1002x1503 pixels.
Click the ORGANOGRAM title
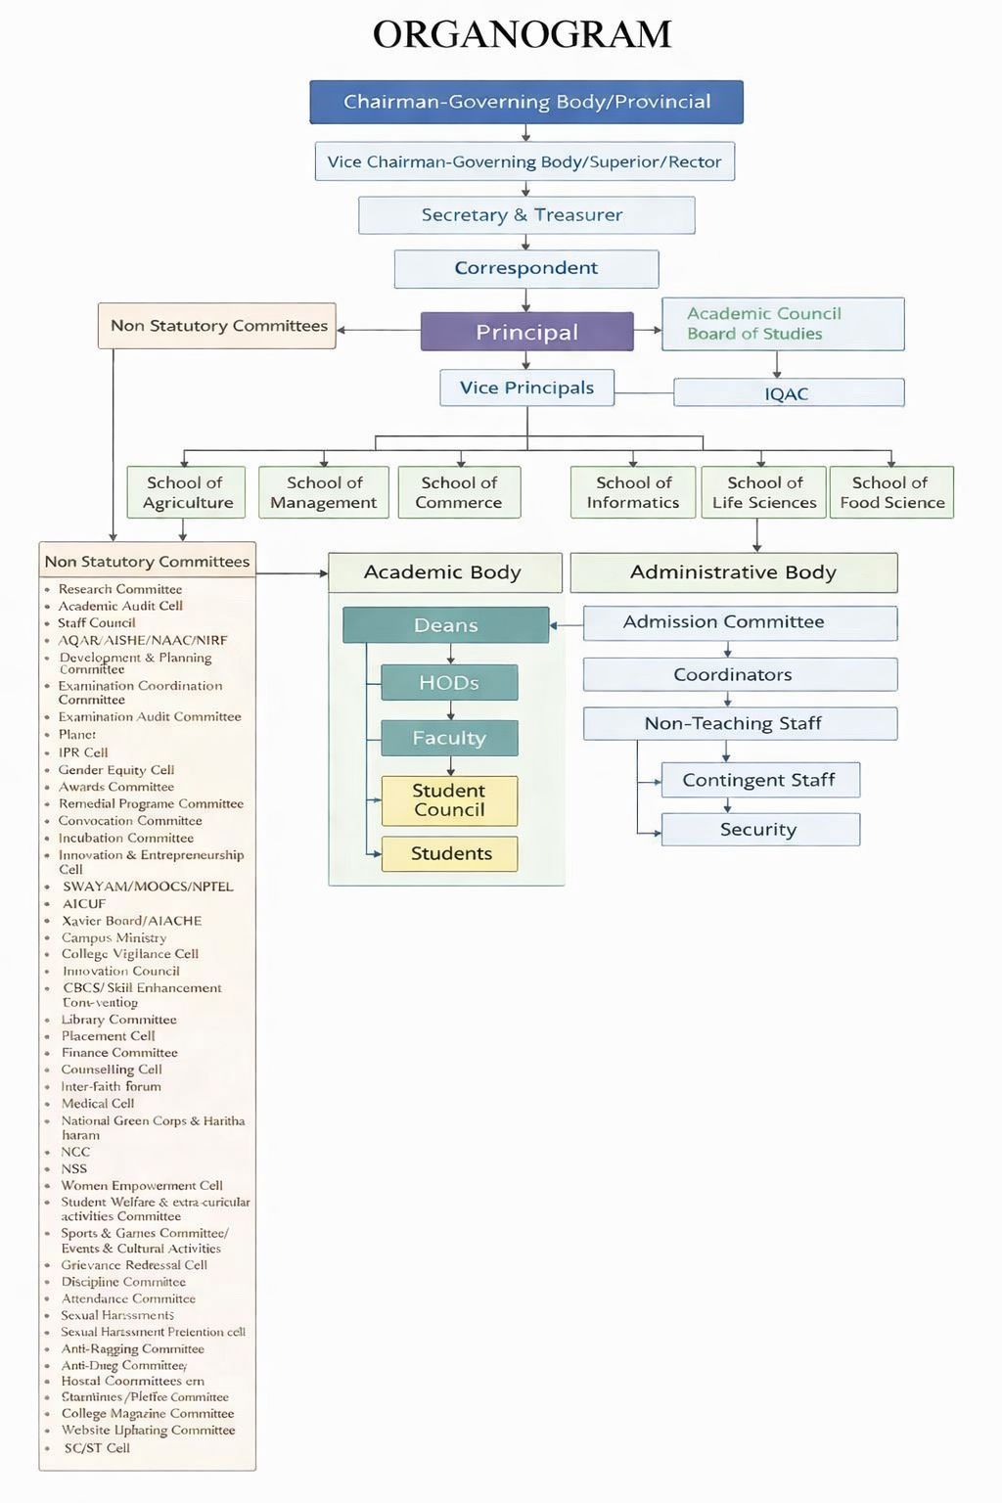point(522,35)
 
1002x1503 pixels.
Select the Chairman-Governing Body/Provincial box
point(526,102)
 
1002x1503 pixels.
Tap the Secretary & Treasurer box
point(526,215)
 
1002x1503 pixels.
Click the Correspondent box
point(526,268)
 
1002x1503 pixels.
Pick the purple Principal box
point(526,332)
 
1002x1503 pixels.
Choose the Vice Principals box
point(526,387)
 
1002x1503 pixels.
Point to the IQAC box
point(788,393)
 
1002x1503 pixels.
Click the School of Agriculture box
point(186,492)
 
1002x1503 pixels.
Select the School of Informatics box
point(633,492)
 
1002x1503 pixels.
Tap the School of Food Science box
point(891,492)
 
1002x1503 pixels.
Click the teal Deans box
point(445,625)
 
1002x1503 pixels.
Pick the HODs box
point(449,683)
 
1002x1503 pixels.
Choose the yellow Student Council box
point(449,800)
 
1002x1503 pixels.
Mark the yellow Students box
point(450,853)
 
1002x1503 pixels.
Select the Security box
point(760,830)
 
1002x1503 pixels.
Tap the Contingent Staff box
point(760,780)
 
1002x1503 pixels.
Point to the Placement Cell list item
point(108,1036)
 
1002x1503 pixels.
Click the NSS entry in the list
point(74,1168)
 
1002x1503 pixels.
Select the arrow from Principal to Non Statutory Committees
point(378,330)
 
